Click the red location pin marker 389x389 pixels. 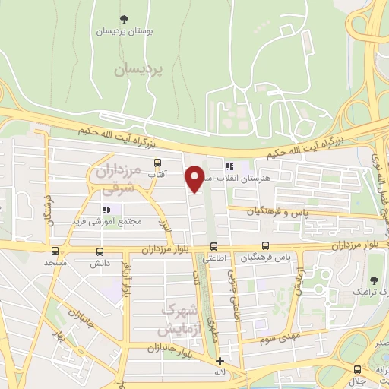coord(195,179)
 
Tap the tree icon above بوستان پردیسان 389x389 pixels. coord(125,19)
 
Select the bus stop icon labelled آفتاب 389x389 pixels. coord(157,163)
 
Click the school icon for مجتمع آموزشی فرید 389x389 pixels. coord(106,209)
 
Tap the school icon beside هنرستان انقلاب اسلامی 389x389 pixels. coord(228,166)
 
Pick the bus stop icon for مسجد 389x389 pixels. coord(55,251)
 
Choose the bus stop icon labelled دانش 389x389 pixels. coord(100,251)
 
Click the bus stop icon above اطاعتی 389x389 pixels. coord(213,246)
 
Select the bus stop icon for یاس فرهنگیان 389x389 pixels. coord(265,245)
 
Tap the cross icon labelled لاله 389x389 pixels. coord(220,361)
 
